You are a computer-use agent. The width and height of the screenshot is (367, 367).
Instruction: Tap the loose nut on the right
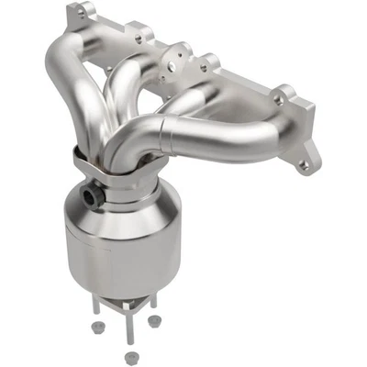[x=154, y=321]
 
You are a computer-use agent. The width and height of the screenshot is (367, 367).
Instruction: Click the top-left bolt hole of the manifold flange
[x=80, y=14]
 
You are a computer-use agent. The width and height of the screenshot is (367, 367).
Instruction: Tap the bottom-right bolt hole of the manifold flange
[x=303, y=165]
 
